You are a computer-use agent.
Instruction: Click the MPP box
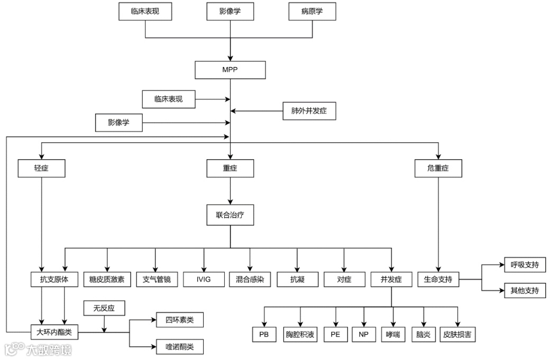[230, 70]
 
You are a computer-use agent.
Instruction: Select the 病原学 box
[312, 11]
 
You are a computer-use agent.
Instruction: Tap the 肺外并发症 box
[309, 111]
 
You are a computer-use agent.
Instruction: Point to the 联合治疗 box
[230, 215]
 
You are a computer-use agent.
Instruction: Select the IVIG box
[204, 279]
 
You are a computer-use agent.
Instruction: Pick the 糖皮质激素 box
[107, 279]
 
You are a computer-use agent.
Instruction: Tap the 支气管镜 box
[155, 279]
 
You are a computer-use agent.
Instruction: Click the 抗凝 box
[297, 279]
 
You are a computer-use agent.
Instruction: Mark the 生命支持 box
[438, 279]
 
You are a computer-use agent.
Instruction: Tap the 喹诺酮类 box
[180, 347]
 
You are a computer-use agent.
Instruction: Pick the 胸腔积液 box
[300, 335]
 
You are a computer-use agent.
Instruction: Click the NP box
[363, 335]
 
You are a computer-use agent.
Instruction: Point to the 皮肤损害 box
[457, 335]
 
